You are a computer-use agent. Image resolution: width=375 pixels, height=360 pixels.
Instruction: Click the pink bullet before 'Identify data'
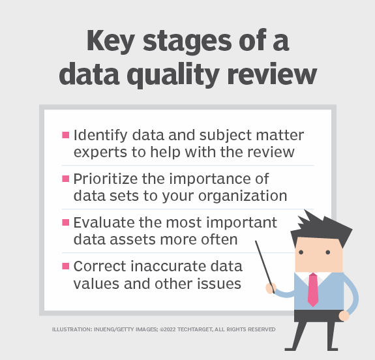66,135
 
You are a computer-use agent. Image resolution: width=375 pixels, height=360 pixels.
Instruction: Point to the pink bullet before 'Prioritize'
66,178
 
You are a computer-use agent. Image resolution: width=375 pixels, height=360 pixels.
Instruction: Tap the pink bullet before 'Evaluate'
66,222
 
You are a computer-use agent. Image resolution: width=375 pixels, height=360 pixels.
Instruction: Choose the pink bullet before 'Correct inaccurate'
66,265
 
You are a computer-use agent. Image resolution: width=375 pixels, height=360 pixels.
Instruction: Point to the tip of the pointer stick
256,242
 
